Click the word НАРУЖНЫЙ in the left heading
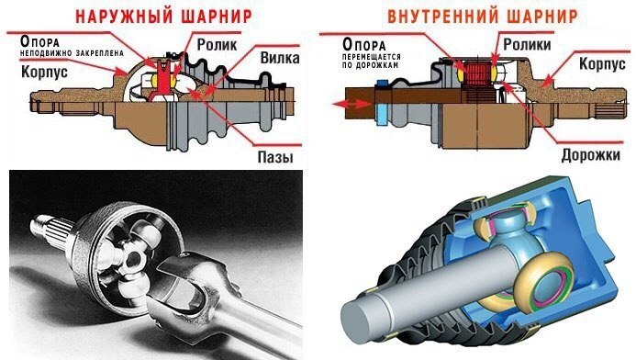click(x=125, y=17)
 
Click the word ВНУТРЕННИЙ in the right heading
click(x=438, y=17)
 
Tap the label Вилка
click(x=280, y=58)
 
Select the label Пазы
click(x=275, y=157)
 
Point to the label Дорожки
click(x=591, y=155)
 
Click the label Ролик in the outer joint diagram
click(x=217, y=45)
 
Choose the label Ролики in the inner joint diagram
click(x=527, y=44)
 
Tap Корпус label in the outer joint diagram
click(x=44, y=72)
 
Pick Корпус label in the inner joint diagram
click(x=602, y=63)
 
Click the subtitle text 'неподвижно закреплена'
click(x=72, y=53)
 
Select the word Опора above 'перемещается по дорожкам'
click(x=363, y=44)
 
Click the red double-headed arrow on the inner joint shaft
click(x=351, y=104)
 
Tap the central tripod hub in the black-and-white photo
click(x=132, y=260)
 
